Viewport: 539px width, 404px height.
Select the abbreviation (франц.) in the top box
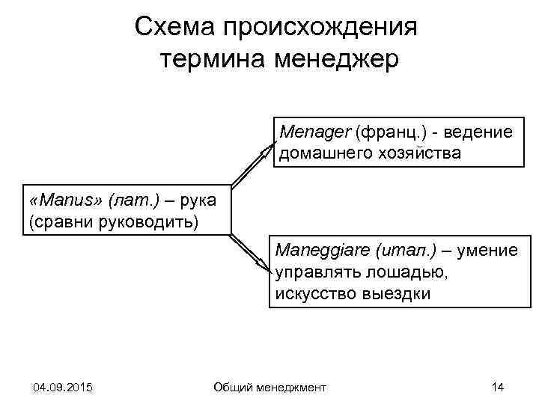(x=389, y=132)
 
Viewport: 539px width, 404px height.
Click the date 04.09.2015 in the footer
(x=63, y=387)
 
